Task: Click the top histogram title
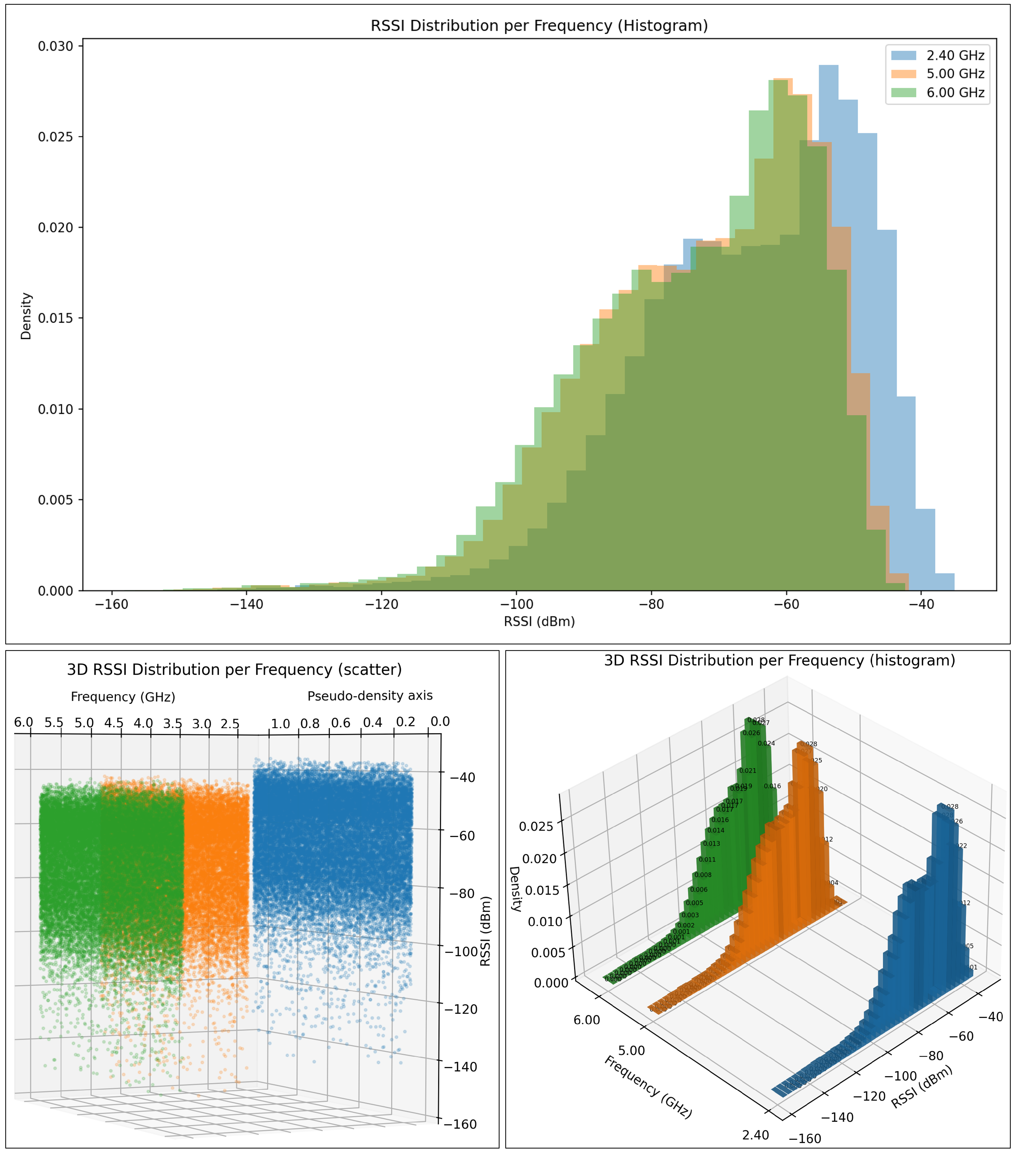click(539, 26)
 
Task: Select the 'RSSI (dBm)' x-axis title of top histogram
click(539, 622)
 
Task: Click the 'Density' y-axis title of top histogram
click(26, 316)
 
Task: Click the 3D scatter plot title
click(234, 670)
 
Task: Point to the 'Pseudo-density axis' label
click(370, 696)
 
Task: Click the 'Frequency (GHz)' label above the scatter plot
click(123, 697)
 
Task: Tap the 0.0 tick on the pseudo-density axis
click(440, 721)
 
